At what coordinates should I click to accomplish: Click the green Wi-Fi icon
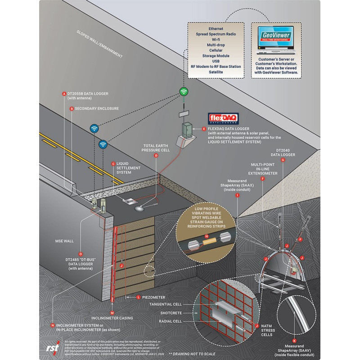[x=183, y=91]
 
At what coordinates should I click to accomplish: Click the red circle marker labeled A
[x=64, y=94]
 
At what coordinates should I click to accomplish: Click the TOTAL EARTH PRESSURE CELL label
[x=156, y=148]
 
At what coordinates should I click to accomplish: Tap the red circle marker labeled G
[x=282, y=160]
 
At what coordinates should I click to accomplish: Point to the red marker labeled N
[x=53, y=325]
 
